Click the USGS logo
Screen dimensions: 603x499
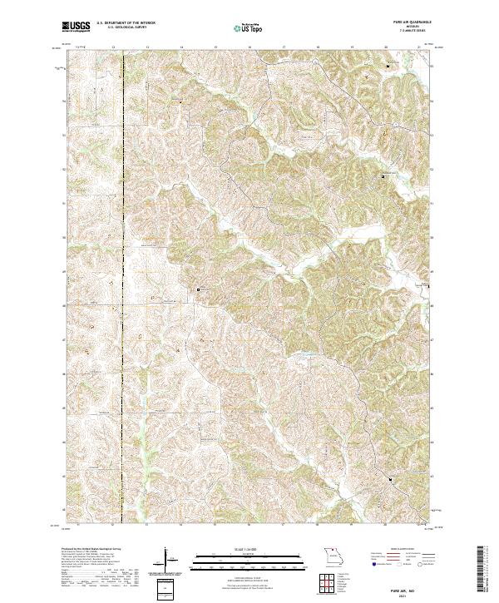click(x=76, y=27)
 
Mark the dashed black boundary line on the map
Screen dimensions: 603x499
click(x=124, y=250)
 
